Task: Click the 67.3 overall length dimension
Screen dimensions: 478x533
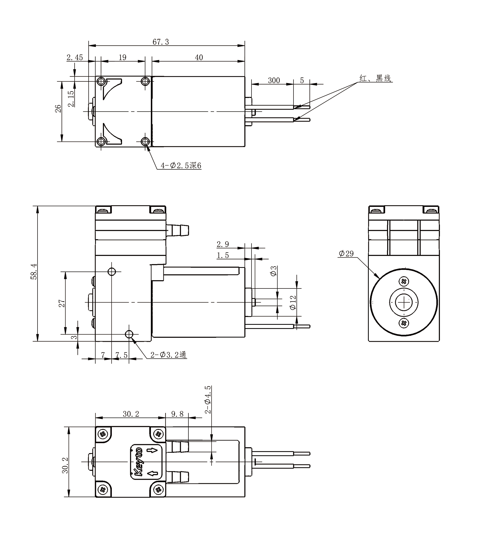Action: coord(161,42)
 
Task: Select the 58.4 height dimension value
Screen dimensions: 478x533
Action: coord(34,274)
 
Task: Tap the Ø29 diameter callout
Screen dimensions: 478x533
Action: coord(346,253)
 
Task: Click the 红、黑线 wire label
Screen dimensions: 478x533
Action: coord(375,79)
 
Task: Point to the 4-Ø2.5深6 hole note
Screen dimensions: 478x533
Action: coord(181,166)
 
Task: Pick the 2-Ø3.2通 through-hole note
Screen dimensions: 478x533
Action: coord(168,355)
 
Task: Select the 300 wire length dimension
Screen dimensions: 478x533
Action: coord(274,81)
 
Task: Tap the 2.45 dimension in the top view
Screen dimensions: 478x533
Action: coord(74,57)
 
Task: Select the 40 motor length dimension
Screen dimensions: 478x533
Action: coord(199,57)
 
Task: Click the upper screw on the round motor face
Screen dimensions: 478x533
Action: coord(404,281)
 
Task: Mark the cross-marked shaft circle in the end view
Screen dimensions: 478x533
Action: coord(404,302)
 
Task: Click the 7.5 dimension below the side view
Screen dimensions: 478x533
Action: coord(121,355)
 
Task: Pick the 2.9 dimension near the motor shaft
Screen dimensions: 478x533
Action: coord(223,244)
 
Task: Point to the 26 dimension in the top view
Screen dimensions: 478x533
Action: coord(58,109)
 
